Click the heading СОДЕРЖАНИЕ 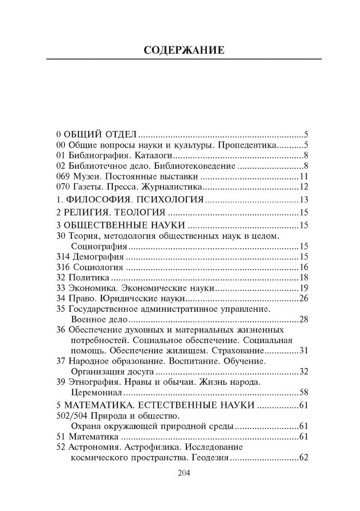[184, 50]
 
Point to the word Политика [88, 278]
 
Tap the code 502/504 [72, 416]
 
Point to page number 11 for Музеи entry [304, 176]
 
